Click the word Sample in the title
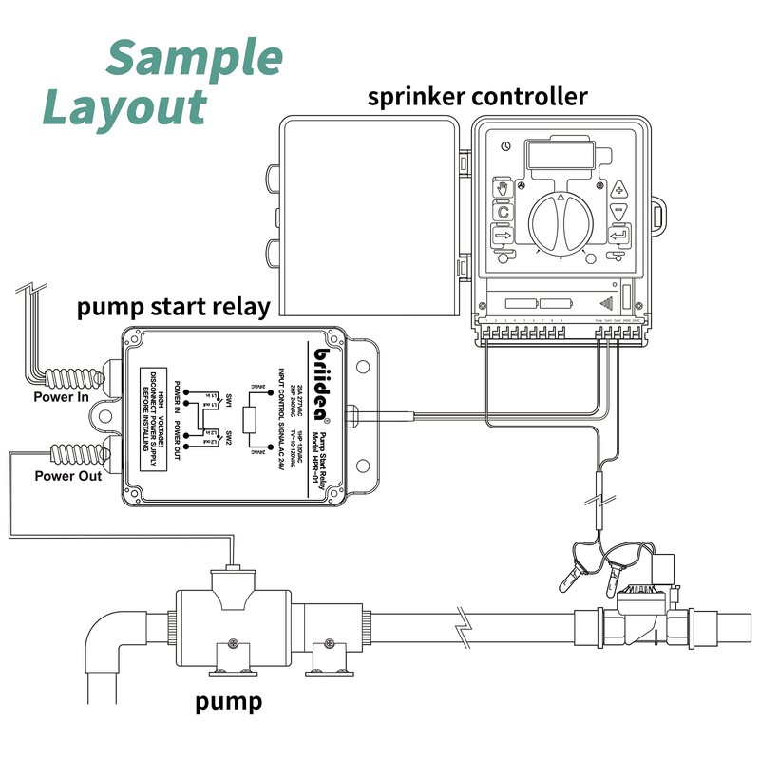click(x=195, y=59)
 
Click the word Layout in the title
click(x=123, y=107)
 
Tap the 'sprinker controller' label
click(x=477, y=98)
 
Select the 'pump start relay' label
click(x=174, y=307)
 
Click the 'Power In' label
click(x=61, y=397)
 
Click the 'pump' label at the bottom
click(x=228, y=703)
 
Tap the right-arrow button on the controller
click(x=503, y=235)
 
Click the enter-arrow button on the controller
click(x=619, y=235)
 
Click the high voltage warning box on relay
click(x=160, y=419)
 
